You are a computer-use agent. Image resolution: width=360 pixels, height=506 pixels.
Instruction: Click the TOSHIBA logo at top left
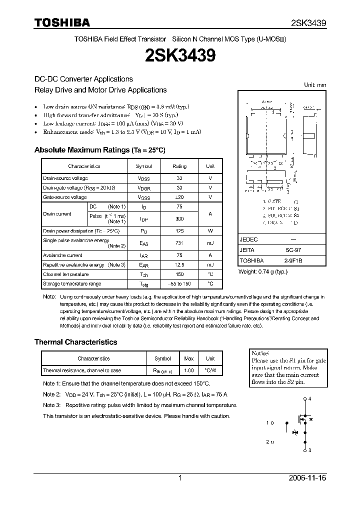click(x=62, y=22)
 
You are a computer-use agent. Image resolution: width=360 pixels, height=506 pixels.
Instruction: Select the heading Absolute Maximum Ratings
click(x=99, y=150)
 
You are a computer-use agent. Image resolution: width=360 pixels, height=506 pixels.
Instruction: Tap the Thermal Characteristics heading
click(x=75, y=342)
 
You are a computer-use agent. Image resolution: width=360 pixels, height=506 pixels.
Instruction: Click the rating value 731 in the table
click(x=179, y=243)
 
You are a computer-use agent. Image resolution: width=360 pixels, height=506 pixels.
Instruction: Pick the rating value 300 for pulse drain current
click(x=179, y=219)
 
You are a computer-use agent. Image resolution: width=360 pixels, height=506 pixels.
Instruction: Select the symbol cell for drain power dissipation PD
click(x=143, y=231)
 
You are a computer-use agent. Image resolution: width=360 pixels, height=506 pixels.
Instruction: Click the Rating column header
click(x=179, y=166)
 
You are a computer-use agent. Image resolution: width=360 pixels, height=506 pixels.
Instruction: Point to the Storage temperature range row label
click(x=72, y=283)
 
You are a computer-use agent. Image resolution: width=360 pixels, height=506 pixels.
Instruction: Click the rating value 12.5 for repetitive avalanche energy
click(x=179, y=264)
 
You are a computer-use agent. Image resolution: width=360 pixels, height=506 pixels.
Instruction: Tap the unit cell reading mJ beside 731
click(x=210, y=243)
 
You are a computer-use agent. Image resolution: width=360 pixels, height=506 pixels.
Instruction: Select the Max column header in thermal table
click(x=189, y=358)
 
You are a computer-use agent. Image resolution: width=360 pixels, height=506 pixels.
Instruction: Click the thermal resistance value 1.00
click(x=189, y=370)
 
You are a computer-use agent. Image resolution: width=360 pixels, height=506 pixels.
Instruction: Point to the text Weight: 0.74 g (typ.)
click(x=263, y=271)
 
